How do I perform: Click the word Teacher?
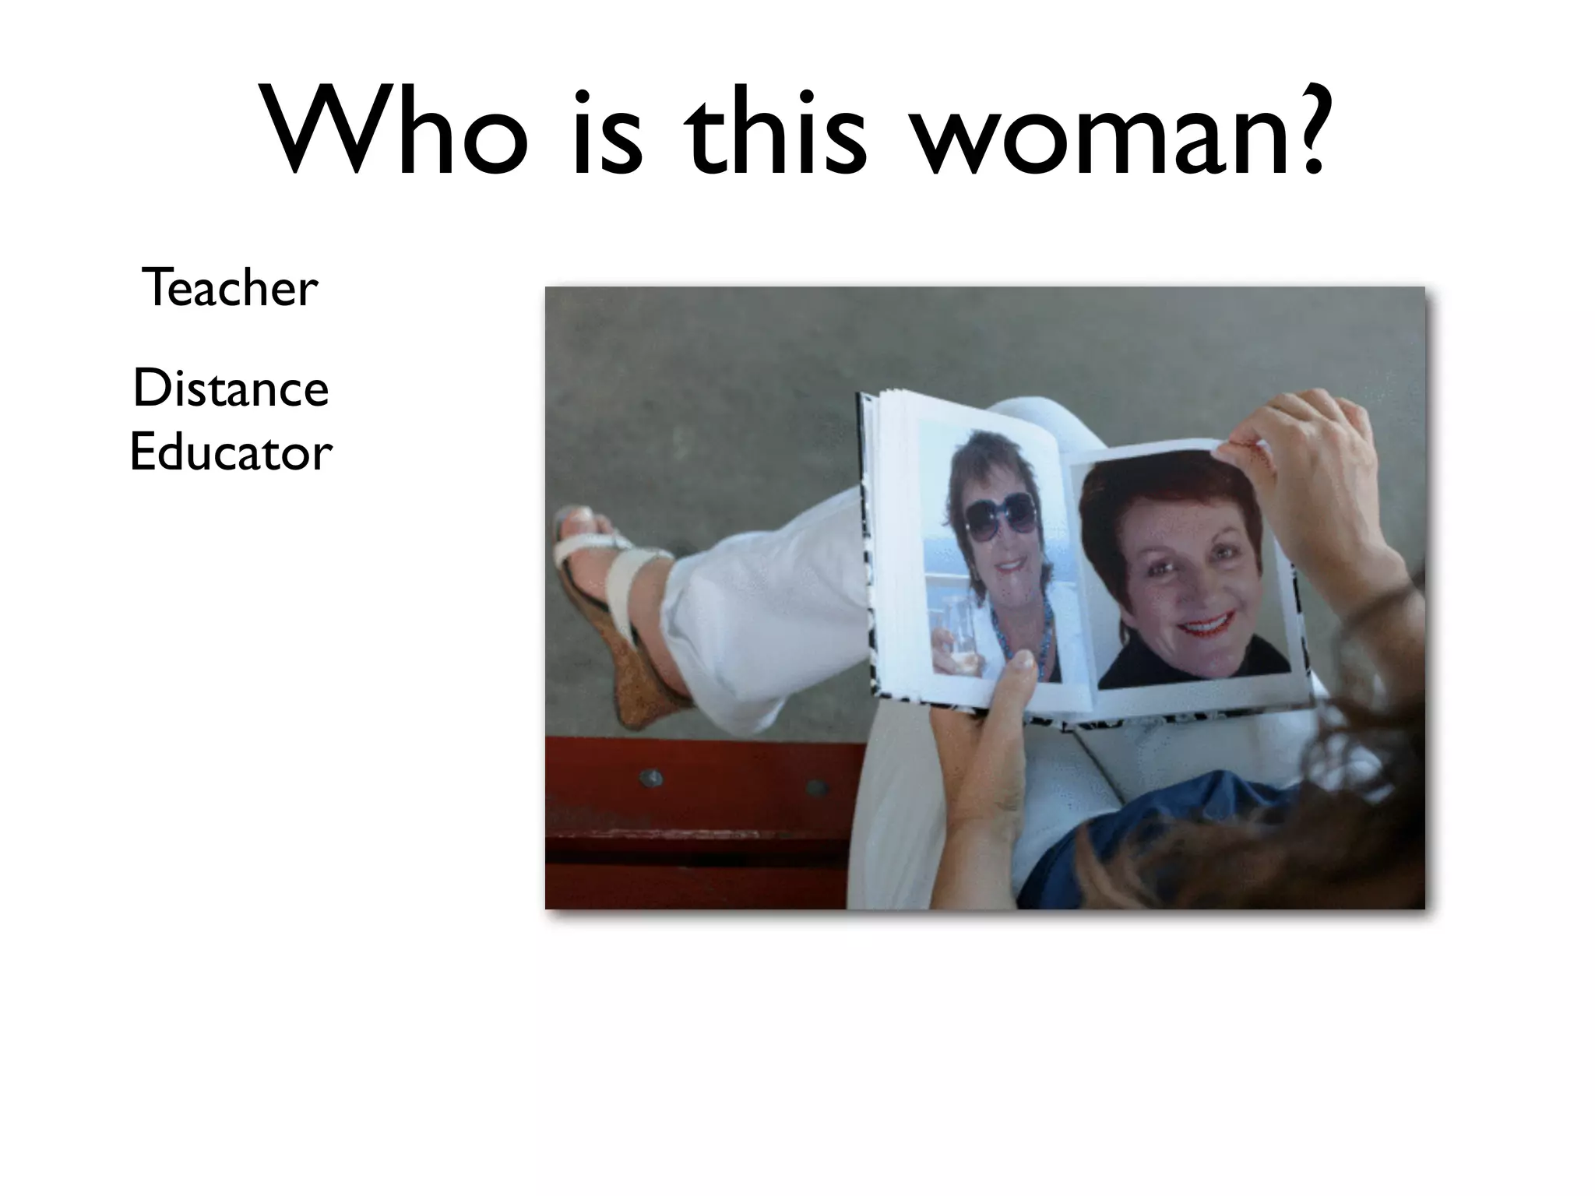[230, 287]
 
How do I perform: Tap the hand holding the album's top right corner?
[1308, 459]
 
